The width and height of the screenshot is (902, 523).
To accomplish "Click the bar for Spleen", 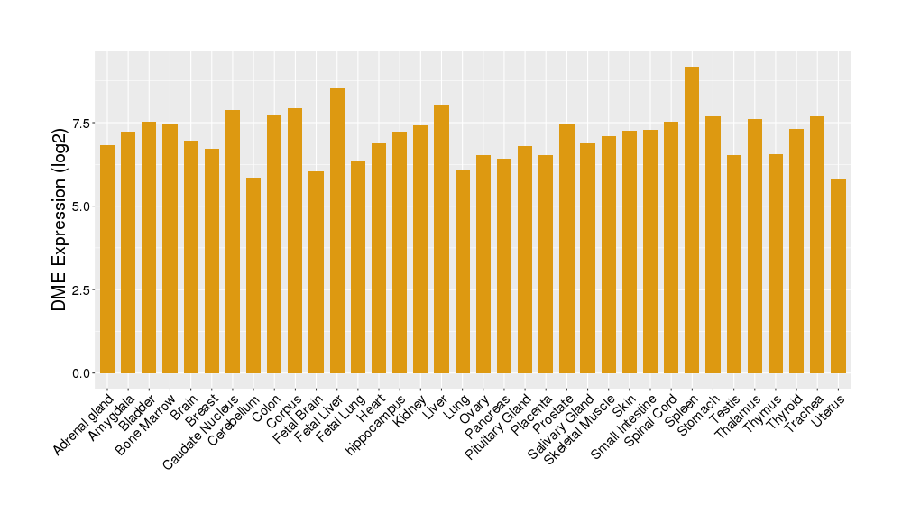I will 692,220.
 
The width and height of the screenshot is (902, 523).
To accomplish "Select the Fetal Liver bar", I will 336,231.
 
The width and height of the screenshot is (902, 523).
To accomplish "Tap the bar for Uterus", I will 838,276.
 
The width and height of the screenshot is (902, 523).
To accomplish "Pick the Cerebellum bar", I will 253,275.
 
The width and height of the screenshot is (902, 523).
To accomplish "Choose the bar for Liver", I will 441,239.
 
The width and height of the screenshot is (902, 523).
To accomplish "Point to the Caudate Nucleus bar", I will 233,242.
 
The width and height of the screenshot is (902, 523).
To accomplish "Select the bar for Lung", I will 462,271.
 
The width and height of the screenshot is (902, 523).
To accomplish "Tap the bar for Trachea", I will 817,244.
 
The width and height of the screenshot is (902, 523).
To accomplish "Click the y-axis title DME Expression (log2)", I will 60,220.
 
